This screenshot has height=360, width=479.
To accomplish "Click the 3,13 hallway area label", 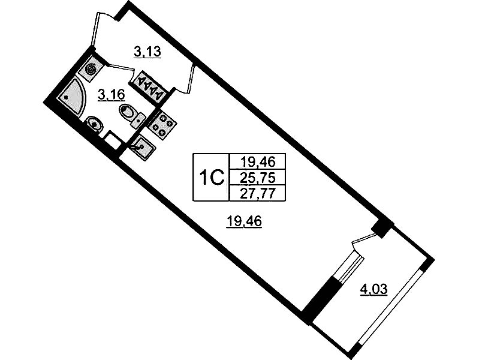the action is click(x=147, y=52).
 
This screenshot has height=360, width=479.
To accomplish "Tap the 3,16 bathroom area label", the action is click(x=111, y=95).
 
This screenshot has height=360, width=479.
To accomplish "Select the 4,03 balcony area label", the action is click(x=374, y=289).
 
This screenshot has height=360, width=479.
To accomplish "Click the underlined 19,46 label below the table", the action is click(x=244, y=221).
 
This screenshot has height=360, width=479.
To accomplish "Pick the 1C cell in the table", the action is click(x=212, y=178).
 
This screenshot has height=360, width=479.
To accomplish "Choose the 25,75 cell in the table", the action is click(x=258, y=177).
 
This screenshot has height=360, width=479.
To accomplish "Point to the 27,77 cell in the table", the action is click(x=258, y=193).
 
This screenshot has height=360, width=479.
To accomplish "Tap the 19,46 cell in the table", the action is click(x=258, y=161).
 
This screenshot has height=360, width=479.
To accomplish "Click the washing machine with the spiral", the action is click(x=91, y=70).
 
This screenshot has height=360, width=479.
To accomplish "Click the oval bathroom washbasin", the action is click(x=95, y=124).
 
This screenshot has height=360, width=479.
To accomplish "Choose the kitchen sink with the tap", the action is click(x=143, y=147).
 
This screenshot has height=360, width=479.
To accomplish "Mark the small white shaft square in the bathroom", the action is click(x=113, y=140).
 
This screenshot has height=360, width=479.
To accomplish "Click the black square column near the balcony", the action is click(x=381, y=228).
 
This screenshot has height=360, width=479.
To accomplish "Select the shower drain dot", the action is click(x=67, y=97).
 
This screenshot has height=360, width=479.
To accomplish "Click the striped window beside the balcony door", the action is click(x=350, y=269).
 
